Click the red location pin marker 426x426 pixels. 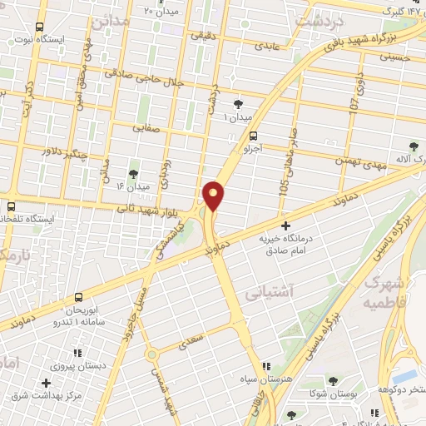pos(215,196)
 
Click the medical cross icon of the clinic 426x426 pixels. pos(285,225)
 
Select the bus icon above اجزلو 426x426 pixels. pos(254,136)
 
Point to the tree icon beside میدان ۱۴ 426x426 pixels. pos(134,174)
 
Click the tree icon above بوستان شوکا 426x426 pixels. pos(333,380)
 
